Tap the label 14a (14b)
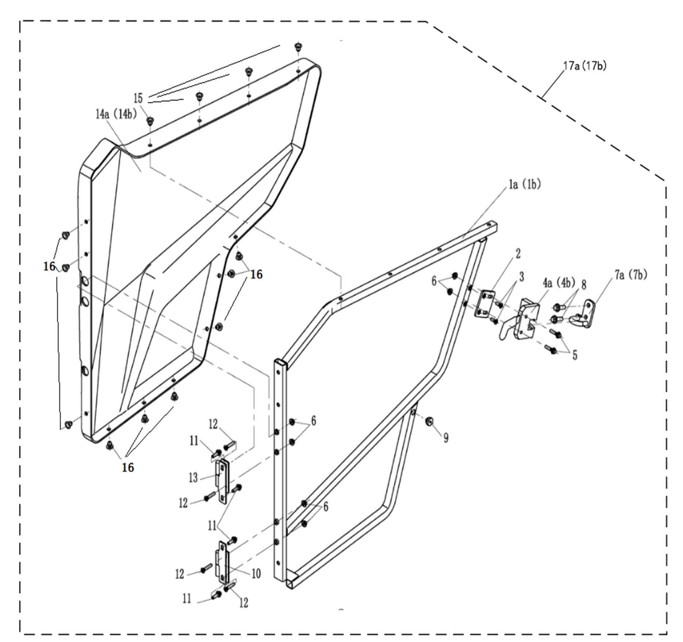[116, 115]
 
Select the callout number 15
[138, 98]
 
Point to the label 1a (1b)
[525, 185]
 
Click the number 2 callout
[518, 254]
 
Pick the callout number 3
[522, 277]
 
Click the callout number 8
[584, 284]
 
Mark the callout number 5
[575, 355]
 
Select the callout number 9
[446, 438]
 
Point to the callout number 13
[193, 478]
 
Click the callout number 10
[256, 574]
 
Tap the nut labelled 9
[429, 421]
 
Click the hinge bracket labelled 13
[223, 481]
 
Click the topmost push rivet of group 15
[298, 47]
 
